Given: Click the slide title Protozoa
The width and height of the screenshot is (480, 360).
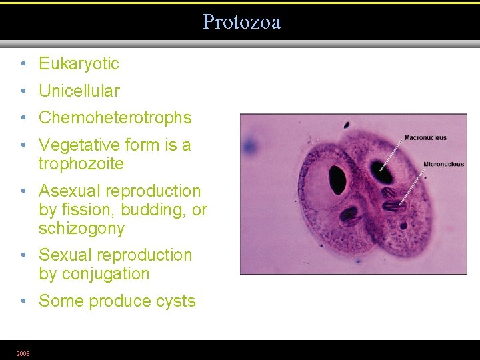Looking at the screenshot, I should pos(241,22).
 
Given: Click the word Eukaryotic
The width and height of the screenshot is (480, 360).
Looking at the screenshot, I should pos(79,64).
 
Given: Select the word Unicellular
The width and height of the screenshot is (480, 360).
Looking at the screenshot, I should pos(79,91).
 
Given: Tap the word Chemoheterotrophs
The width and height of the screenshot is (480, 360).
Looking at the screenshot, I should pos(115,118).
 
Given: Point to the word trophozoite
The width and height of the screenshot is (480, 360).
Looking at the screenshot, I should pos(81,164).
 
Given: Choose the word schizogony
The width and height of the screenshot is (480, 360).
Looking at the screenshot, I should pos(81,229).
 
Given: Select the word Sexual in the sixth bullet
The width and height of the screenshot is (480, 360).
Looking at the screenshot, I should pos(65,255).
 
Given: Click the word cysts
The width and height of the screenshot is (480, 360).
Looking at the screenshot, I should pos(175,301).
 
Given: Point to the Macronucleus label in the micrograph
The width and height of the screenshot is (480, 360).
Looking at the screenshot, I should pos(425,138).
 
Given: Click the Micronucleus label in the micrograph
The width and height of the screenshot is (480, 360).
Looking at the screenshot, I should pos(443,164).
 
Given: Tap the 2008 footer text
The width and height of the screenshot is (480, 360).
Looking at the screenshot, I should pos(23,353).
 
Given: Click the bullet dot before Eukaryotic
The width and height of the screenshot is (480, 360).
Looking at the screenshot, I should pos(23,64).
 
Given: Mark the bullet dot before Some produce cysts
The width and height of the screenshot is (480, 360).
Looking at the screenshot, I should pos(23,301).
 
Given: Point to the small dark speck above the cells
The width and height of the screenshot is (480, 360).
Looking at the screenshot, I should pos(347,125).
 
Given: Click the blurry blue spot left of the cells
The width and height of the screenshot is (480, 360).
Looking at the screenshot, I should pos(251,145).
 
